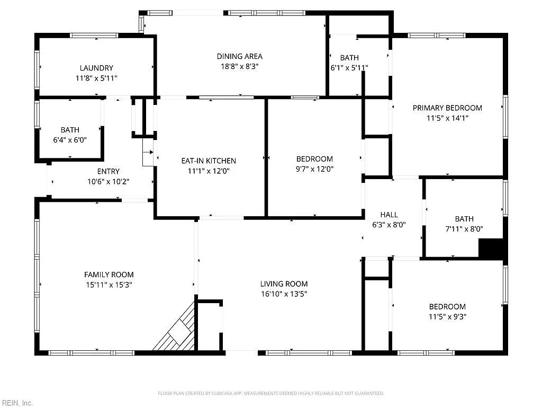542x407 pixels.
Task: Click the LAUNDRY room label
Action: coord(96,68)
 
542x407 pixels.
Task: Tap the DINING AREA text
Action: coord(239,56)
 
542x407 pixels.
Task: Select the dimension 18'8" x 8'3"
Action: coord(239,66)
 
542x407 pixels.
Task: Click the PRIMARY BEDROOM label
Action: coord(447,108)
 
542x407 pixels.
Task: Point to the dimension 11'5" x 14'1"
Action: coord(447,118)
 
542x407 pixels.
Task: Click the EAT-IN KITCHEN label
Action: coord(209,161)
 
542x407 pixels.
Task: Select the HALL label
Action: coord(389,215)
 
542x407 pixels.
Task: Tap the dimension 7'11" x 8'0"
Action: coord(464,229)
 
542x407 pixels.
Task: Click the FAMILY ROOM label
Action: coord(109,275)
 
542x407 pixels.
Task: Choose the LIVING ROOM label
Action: coord(284,284)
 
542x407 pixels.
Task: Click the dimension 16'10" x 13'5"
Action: coord(284,294)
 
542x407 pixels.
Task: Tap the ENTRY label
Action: coord(108,171)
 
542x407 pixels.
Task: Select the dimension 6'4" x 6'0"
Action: coord(70,140)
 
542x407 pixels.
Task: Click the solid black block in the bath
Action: coord(491,248)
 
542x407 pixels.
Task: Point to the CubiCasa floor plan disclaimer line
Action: coord(270,393)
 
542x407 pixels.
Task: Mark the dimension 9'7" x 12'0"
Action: coord(314,169)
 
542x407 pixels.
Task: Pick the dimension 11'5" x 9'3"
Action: coord(447,317)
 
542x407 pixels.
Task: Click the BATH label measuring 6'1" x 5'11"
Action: coord(349,58)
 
